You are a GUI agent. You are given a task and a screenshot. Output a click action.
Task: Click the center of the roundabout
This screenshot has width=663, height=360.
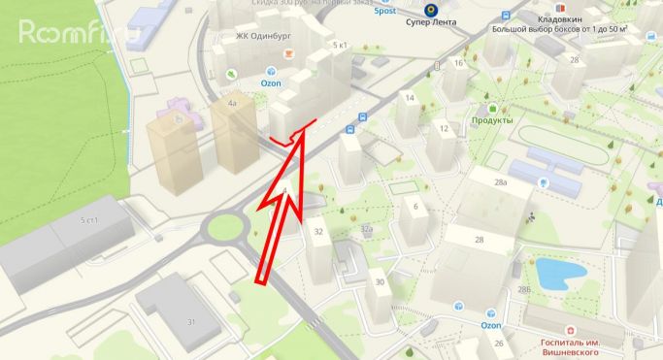point(224,229)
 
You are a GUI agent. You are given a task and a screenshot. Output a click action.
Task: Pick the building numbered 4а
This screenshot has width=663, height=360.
point(231,102)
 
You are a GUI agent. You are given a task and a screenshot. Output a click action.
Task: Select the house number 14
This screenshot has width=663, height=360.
point(410,99)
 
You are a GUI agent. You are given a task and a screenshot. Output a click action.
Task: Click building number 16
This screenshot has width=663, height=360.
point(458,63)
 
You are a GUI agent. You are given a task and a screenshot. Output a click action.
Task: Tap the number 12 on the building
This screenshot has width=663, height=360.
point(444,128)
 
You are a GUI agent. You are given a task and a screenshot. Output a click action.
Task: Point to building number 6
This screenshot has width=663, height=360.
point(414,206)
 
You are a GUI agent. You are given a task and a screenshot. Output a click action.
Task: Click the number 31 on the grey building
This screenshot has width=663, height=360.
point(191,322)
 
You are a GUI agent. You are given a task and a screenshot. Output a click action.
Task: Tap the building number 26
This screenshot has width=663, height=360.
point(498,343)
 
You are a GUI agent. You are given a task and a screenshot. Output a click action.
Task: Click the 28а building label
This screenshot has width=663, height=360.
point(501,182)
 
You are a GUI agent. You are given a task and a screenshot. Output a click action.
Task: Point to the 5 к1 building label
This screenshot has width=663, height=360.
point(340,46)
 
